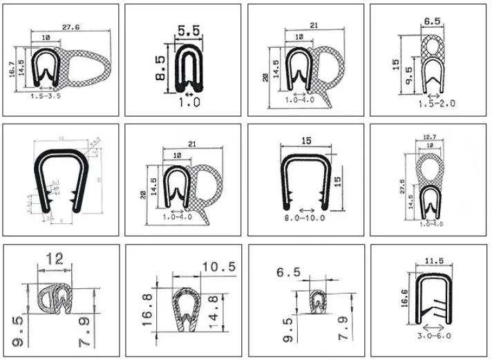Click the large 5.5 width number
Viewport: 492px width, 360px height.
coord(184,31)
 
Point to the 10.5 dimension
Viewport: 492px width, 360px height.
coord(218,266)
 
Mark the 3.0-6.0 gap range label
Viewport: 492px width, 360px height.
coord(433,337)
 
